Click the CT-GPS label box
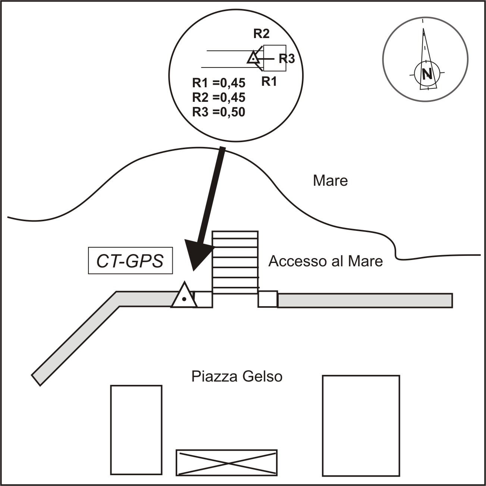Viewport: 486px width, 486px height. click(x=131, y=260)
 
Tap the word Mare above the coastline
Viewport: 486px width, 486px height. click(x=330, y=181)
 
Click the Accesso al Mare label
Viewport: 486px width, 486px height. click(x=326, y=261)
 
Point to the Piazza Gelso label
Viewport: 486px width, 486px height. click(x=237, y=377)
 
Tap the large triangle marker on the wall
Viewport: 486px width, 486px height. click(x=184, y=295)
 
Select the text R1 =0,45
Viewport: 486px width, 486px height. click(x=219, y=83)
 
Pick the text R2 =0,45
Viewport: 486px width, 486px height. click(x=219, y=98)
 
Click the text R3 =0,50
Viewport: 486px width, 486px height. click(x=219, y=112)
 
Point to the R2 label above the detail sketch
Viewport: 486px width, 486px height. click(x=261, y=34)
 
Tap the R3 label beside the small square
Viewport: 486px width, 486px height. click(x=287, y=59)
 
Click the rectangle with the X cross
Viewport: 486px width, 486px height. click(x=226, y=463)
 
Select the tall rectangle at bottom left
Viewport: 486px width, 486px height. click(x=136, y=430)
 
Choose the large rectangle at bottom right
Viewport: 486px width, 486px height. click(x=361, y=426)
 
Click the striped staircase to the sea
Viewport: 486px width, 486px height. click(x=235, y=263)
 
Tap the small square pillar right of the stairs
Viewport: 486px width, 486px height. click(x=267, y=299)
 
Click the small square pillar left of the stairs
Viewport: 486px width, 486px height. click(x=203, y=300)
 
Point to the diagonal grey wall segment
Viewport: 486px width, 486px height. click(x=76, y=338)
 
